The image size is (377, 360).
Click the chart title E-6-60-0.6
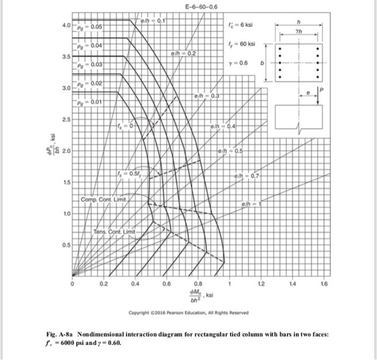pyautogui.click(x=201, y=7)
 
